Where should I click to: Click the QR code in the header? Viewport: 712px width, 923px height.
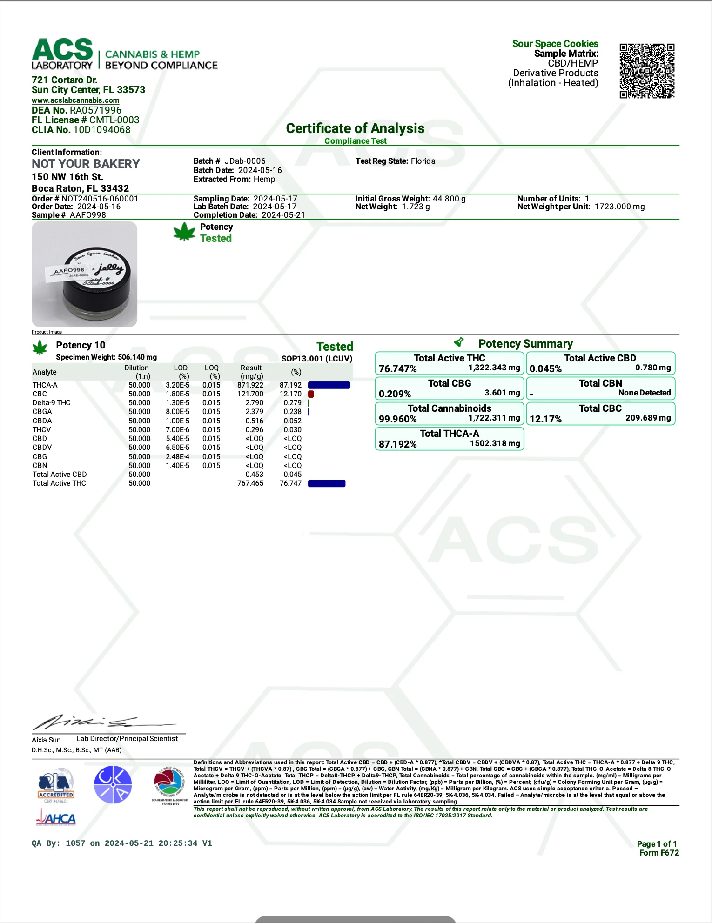(646, 71)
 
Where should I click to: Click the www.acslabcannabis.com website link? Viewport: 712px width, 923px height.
(75, 100)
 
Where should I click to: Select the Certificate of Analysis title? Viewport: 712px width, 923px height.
(355, 128)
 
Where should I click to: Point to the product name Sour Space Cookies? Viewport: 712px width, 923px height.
(555, 44)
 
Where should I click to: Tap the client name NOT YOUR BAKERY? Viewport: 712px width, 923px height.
(86, 164)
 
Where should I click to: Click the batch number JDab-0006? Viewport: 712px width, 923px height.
(245, 161)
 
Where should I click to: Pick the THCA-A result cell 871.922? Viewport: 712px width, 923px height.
(250, 385)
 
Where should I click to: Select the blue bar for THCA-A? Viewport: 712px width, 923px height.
(329, 385)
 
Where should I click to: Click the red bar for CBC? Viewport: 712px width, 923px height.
(311, 394)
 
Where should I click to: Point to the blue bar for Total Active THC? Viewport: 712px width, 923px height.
(327, 483)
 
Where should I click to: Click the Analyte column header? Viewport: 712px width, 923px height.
(45, 372)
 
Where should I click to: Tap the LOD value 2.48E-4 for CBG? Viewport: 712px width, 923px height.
(178, 456)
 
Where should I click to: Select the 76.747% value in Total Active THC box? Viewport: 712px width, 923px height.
(398, 369)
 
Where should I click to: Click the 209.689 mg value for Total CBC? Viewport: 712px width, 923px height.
(648, 418)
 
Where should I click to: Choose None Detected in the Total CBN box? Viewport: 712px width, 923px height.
(644, 393)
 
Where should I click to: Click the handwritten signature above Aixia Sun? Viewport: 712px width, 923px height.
(102, 722)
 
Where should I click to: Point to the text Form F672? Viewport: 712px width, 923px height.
(659, 853)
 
